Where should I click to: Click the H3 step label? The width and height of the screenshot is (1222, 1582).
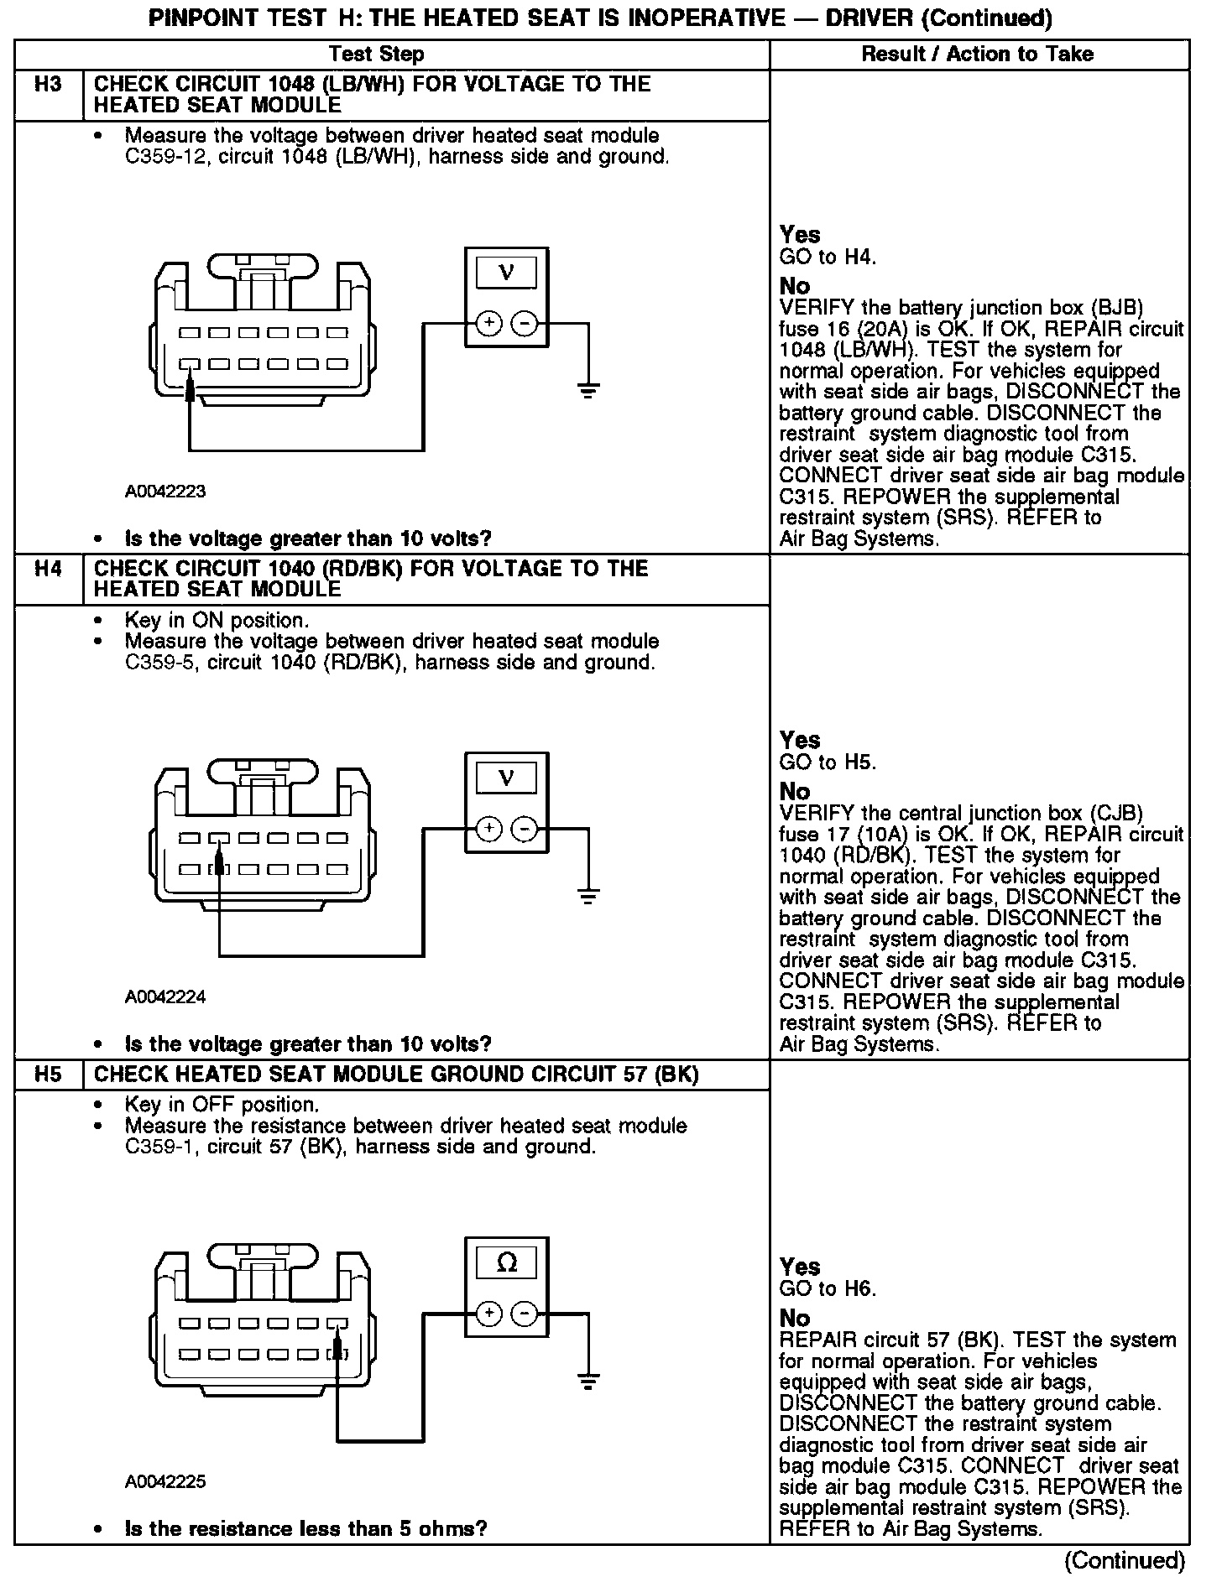[49, 84]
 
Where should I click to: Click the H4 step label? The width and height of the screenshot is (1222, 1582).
[49, 569]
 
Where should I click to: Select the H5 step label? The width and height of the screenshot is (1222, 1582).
[49, 1075]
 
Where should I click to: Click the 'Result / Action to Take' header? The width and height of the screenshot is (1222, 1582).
[978, 55]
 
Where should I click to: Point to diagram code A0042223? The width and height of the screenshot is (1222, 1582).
[165, 492]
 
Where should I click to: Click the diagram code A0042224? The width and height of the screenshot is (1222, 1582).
[165, 997]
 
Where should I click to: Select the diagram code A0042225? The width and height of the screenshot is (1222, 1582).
[165, 1481]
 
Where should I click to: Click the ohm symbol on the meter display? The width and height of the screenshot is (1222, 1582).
[507, 1263]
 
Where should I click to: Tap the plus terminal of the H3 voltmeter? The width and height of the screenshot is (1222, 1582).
[489, 324]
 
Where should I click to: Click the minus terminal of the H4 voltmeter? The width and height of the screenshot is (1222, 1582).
[525, 830]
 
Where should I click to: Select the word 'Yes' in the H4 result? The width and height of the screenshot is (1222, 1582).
[800, 740]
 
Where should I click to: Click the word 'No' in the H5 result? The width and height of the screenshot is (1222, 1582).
[795, 1319]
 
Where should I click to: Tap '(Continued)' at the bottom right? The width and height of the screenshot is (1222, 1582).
[1125, 1561]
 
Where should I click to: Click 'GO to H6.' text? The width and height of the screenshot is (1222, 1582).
[828, 1289]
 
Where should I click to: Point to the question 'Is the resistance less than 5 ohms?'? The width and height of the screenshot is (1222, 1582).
[305, 1528]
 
